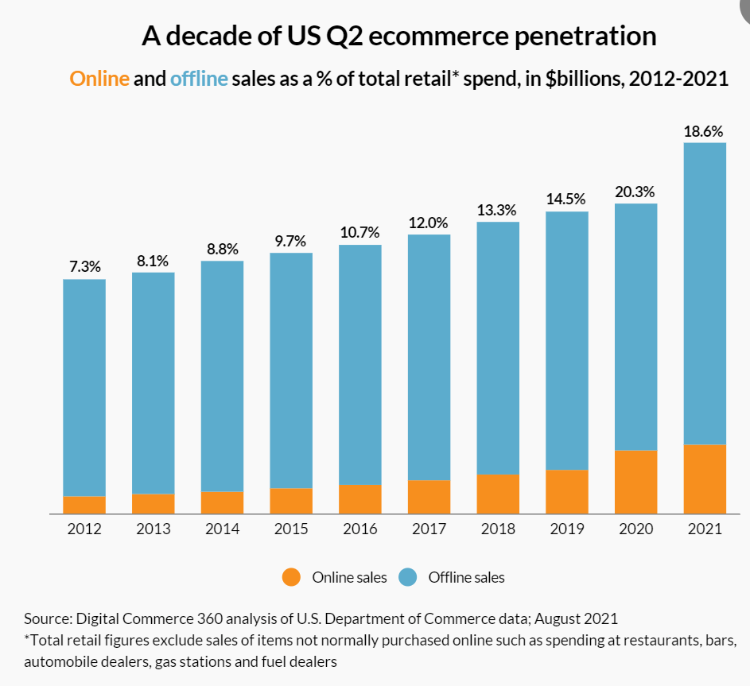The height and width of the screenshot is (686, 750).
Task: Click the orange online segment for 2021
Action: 705,479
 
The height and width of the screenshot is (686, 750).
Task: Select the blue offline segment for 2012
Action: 84,387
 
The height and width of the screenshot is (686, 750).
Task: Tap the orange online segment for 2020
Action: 635,482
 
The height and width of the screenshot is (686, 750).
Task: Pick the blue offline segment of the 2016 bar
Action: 360,364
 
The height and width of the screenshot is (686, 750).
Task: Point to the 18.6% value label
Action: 704,131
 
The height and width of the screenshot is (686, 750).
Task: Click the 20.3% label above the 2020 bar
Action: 635,192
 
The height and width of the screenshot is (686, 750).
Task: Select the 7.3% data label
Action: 85,267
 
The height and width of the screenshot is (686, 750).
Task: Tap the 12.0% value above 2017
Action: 429,223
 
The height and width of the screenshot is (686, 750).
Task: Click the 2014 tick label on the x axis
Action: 222,529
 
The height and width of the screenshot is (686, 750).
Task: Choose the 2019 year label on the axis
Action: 566,529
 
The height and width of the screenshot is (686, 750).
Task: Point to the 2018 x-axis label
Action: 498,529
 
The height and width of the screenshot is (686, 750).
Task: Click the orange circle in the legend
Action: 292,578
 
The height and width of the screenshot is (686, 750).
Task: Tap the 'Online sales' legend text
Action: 349,578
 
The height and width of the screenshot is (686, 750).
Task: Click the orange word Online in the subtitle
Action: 99,79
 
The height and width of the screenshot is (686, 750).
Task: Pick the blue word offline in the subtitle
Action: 199,79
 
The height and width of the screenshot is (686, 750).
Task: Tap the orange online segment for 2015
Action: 291,500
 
